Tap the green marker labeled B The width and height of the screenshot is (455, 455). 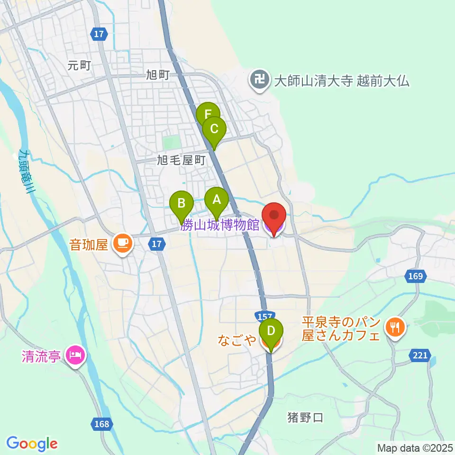tap(182, 204)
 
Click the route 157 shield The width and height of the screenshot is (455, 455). tap(264, 316)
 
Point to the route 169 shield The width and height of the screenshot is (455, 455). tap(416, 276)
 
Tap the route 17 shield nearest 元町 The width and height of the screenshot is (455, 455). tap(99, 34)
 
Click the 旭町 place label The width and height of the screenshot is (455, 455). tap(158, 75)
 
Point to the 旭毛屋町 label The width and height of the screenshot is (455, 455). tap(182, 161)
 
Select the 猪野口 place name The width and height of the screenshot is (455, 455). tap(305, 418)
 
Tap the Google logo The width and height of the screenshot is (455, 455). tap(32, 444)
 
